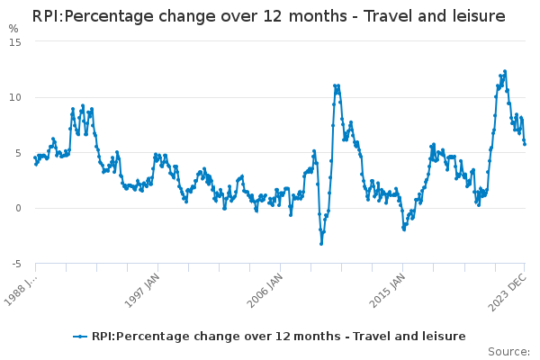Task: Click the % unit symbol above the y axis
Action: click(x=13, y=29)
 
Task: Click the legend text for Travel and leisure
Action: click(x=278, y=336)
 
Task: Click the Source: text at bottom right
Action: click(x=509, y=352)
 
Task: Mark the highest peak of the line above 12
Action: click(x=505, y=71)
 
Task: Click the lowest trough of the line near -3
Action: click(x=321, y=244)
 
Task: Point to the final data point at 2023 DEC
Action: click(x=525, y=144)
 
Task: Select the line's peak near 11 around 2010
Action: click(x=337, y=86)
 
